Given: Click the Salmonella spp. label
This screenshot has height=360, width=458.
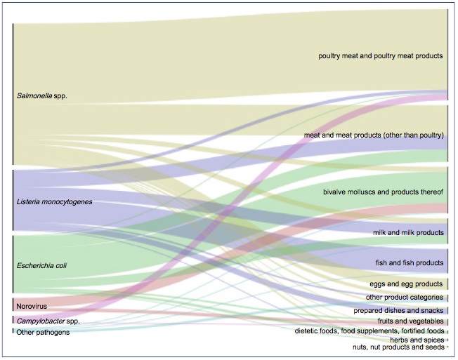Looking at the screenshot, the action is click(41, 95).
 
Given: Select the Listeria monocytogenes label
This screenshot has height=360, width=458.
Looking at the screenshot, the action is click(54, 201).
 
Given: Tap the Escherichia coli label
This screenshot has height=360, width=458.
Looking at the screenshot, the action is click(41, 265).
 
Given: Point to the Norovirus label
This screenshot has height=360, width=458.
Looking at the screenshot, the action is click(32, 306).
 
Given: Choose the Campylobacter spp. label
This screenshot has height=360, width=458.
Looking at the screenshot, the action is click(48, 321).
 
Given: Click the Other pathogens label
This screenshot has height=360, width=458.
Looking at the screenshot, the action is click(43, 333).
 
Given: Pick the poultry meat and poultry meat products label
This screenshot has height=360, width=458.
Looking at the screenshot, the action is click(381, 55).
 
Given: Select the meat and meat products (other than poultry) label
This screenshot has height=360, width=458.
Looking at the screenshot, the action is click(374, 135).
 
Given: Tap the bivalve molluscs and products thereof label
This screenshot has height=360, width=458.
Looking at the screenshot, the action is click(383, 192).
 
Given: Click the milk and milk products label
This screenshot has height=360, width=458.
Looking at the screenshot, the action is click(408, 232).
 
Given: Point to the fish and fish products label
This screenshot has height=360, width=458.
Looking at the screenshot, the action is click(410, 262).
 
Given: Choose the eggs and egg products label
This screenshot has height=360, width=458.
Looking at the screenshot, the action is click(406, 284).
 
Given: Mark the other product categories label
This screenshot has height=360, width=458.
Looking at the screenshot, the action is click(404, 298).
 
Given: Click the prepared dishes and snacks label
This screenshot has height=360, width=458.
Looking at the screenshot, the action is click(398, 310).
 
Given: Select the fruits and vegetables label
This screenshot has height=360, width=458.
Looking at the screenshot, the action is click(410, 321).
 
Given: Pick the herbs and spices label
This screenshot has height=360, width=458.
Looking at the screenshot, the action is click(417, 340).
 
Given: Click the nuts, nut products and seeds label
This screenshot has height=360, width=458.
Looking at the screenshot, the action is click(398, 347).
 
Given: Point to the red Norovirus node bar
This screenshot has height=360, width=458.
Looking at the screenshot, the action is click(13, 305).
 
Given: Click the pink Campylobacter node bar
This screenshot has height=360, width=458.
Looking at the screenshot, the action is click(13, 320).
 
